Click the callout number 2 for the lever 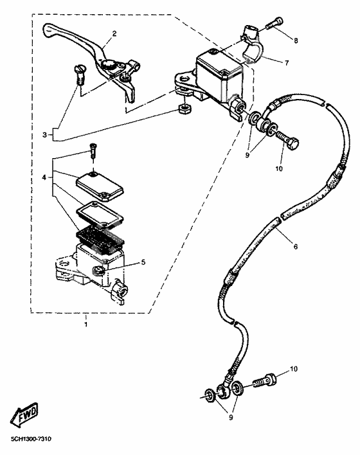pyautogui.click(x=114, y=33)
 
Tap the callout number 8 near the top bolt pyautogui.click(x=296, y=40)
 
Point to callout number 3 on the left pyautogui.click(x=44, y=135)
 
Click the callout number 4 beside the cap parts pyautogui.click(x=44, y=176)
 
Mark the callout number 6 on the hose pyautogui.click(x=296, y=247)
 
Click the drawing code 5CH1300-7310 pyautogui.click(x=31, y=439)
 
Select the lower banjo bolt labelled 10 pyautogui.click(x=267, y=382)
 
